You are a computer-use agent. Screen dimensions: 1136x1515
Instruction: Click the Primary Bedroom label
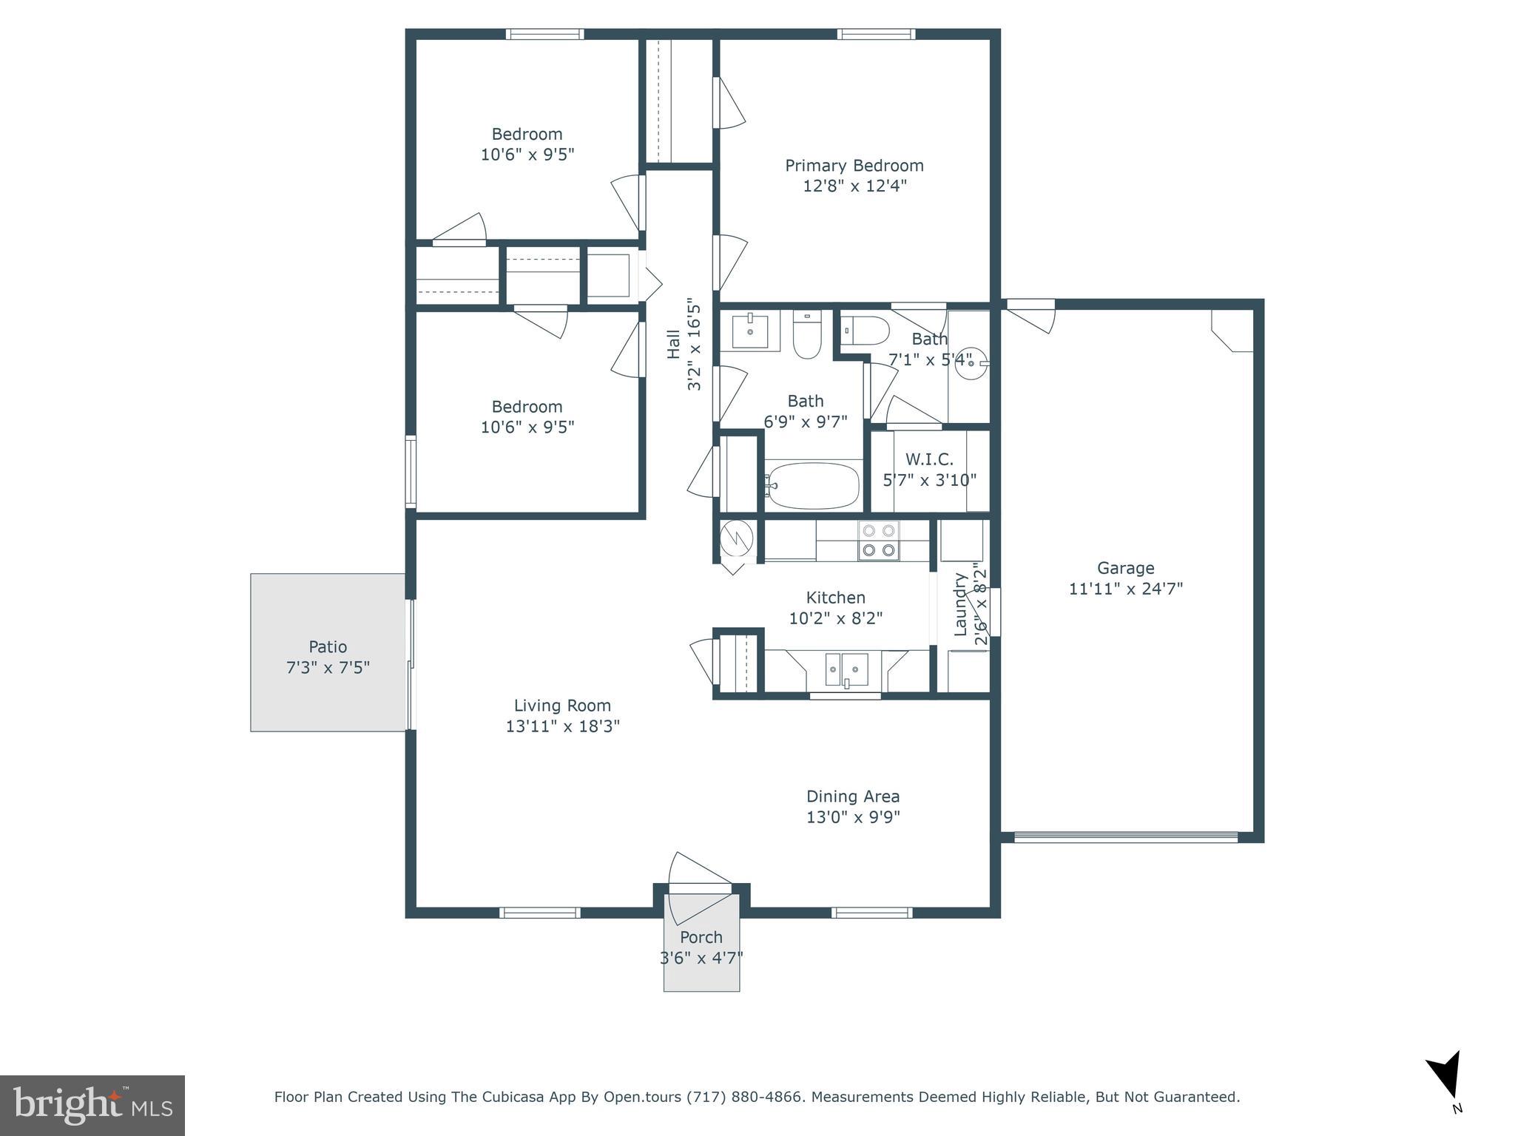[x=854, y=166]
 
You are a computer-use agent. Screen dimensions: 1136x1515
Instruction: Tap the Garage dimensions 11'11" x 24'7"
[x=1125, y=589]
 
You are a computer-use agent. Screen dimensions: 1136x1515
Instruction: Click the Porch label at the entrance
[x=701, y=938]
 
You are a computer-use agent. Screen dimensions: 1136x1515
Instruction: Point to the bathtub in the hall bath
[x=813, y=485]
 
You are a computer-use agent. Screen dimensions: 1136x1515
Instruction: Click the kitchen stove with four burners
[x=878, y=540]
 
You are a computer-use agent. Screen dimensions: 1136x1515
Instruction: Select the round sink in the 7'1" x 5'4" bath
[x=971, y=364]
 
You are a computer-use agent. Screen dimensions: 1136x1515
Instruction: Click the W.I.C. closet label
[x=929, y=460]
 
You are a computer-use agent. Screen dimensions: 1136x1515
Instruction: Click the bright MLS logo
[x=92, y=1105]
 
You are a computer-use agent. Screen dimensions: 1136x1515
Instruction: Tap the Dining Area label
[x=852, y=797]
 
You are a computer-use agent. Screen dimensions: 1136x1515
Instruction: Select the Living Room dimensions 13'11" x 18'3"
[x=562, y=726]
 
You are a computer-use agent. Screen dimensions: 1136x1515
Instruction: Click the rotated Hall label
[x=673, y=344]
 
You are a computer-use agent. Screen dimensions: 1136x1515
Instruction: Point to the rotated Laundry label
[x=960, y=604]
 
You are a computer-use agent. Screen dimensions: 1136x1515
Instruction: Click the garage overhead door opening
[x=1125, y=837]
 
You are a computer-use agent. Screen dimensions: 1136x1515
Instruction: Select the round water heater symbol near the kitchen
[x=737, y=538]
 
